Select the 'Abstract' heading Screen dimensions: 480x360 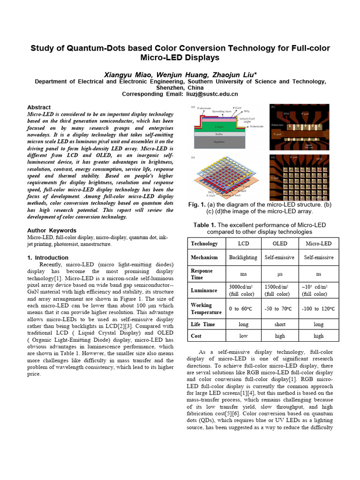pyautogui.click(x=39, y=107)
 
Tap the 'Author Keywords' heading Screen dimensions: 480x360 pyautogui.click(x=52, y=231)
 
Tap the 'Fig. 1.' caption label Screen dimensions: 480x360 pyautogui.click(x=196, y=204)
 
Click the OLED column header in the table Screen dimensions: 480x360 pyautogui.click(x=280, y=243)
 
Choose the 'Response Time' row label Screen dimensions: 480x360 pyautogui.click(x=202, y=274)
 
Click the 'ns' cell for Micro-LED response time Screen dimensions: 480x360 pyautogui.click(x=318, y=274)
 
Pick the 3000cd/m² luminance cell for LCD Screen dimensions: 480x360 pyautogui.click(x=243, y=290)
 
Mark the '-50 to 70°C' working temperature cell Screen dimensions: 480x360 pyautogui.click(x=280, y=308)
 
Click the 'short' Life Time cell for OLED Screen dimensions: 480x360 pyautogui.click(x=280, y=324)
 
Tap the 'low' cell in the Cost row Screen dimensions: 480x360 pyautogui.click(x=243, y=336)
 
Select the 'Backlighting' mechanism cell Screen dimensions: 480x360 pyautogui.click(x=243, y=257)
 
